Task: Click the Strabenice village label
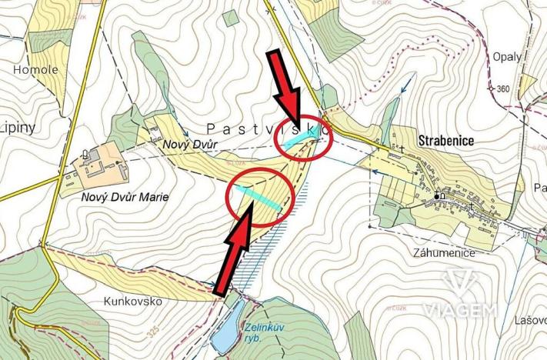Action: (x=445, y=142)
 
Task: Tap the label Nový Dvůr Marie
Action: (x=125, y=197)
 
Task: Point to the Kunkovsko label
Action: (x=133, y=301)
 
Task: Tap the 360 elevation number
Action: (x=503, y=89)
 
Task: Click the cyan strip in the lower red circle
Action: (x=258, y=195)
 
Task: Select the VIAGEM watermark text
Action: (x=462, y=310)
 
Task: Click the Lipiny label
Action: (x=16, y=127)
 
